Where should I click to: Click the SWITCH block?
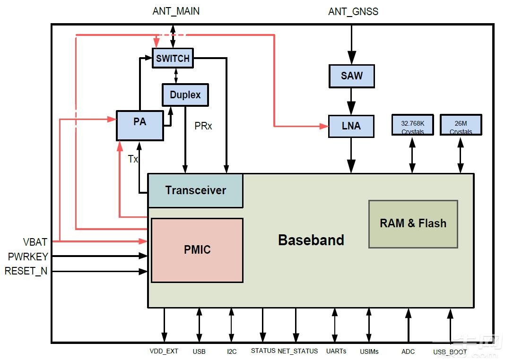(x=173, y=58)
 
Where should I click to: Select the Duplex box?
(x=185, y=94)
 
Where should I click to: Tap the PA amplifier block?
(x=139, y=125)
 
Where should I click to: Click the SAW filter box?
(x=351, y=76)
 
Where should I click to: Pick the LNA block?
(x=351, y=126)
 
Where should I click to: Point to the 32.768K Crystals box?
(x=413, y=125)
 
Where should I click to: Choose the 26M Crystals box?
(x=461, y=125)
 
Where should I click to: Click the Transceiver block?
(x=195, y=190)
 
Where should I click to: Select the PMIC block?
(x=197, y=250)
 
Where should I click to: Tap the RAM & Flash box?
(x=413, y=223)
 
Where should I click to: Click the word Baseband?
(x=311, y=240)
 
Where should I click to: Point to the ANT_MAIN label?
(x=176, y=11)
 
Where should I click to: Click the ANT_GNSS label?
(x=353, y=11)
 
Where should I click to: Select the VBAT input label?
(x=35, y=242)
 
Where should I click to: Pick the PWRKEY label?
(x=28, y=257)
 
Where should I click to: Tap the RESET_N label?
(x=26, y=271)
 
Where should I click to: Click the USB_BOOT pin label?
(x=450, y=352)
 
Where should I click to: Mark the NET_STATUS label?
(x=297, y=351)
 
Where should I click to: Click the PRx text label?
(x=203, y=126)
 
